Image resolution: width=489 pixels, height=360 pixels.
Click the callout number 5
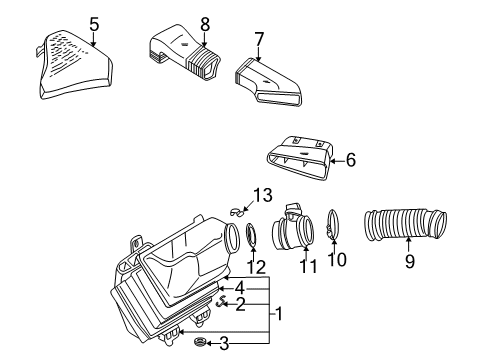click(94, 25)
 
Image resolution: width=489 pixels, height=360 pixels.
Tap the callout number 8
click(205, 24)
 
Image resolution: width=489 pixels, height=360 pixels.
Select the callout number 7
click(259, 39)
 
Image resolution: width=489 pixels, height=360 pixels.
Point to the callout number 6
click(351, 160)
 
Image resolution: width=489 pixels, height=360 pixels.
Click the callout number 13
click(263, 195)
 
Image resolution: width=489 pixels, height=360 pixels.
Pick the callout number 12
click(256, 267)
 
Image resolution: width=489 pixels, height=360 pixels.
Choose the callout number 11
click(308, 266)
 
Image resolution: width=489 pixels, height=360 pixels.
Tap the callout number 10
click(337, 260)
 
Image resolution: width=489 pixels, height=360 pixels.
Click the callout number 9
click(410, 261)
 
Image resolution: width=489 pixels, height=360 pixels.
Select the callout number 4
click(240, 289)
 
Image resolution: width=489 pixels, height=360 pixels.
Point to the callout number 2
click(240, 304)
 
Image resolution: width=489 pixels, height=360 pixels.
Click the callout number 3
click(224, 344)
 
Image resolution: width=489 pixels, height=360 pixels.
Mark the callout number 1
click(279, 314)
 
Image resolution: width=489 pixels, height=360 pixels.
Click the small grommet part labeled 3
click(200, 342)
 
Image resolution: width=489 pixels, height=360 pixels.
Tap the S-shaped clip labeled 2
click(221, 301)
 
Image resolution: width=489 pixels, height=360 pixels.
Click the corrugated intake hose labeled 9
click(405, 224)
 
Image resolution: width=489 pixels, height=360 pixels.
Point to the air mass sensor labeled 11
click(293, 229)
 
